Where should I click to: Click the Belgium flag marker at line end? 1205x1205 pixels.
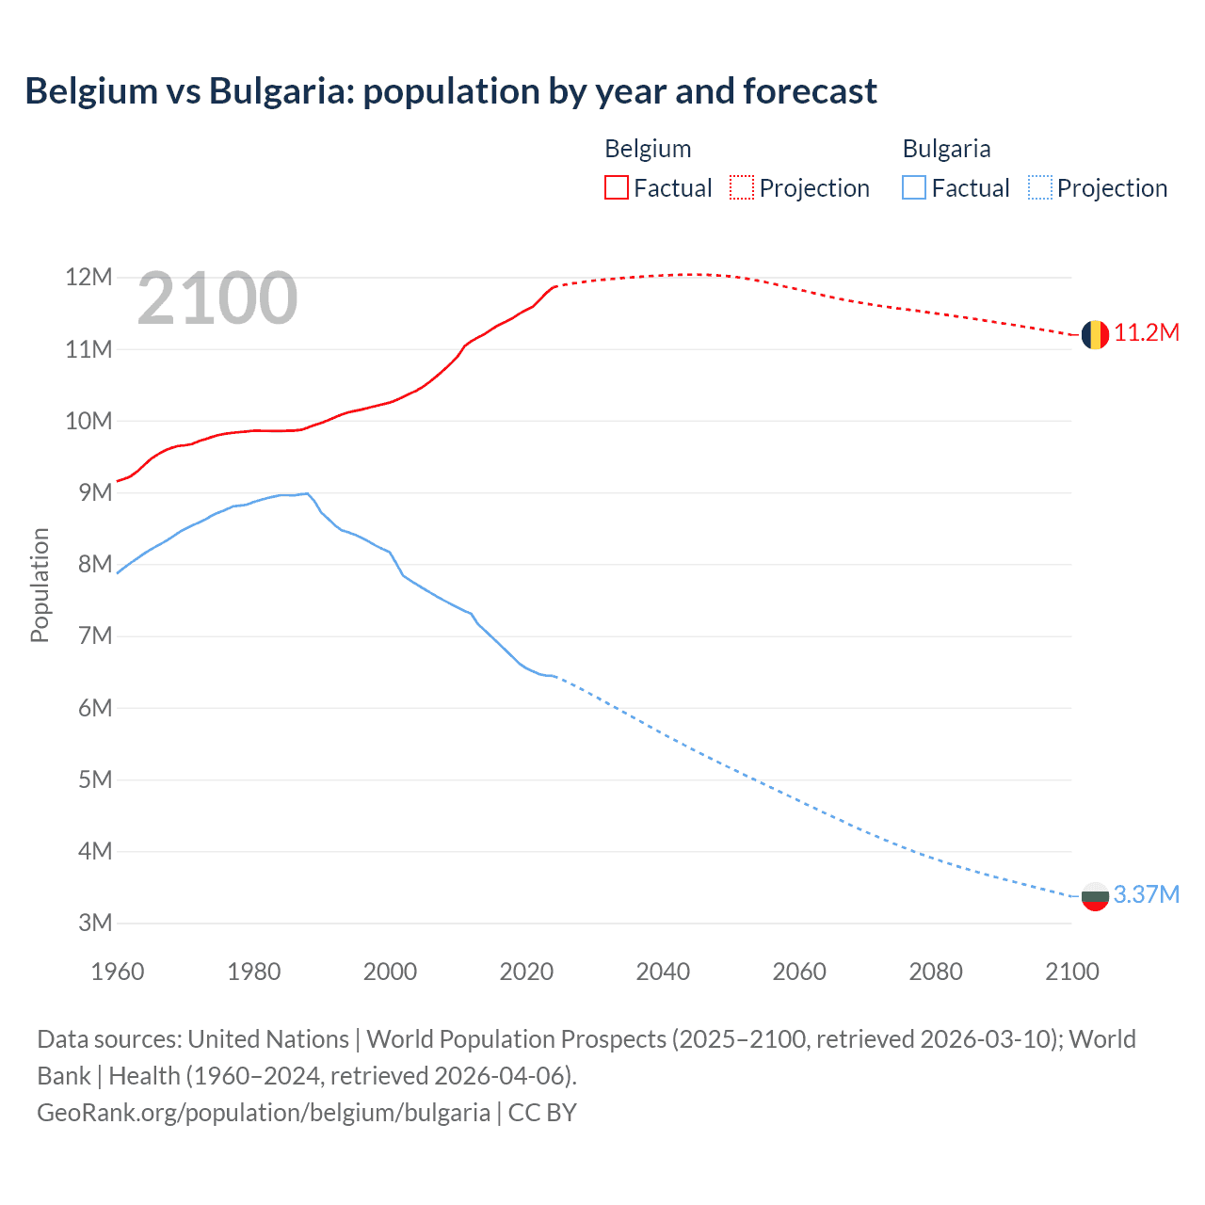(1095, 334)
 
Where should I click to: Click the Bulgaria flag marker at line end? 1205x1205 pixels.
(1095, 896)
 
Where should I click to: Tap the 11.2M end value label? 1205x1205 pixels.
(1147, 333)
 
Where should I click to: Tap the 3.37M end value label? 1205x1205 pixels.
(1147, 894)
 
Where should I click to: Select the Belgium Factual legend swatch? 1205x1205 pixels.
(617, 188)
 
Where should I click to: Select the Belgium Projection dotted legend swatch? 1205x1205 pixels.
(742, 188)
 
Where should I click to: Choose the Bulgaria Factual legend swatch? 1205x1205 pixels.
(914, 188)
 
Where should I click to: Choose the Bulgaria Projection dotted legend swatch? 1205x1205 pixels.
(1040, 188)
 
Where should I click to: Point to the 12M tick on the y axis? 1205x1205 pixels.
(88, 278)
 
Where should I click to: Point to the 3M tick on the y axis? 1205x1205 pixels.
(95, 923)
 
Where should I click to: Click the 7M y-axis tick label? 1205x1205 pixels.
(95, 636)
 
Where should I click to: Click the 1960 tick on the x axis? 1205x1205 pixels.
(118, 972)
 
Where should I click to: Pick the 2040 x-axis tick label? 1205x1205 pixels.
(663, 972)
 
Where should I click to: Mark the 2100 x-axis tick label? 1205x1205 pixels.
(1072, 972)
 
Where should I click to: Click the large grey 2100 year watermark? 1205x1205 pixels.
(217, 299)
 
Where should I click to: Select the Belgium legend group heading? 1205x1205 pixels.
(648, 149)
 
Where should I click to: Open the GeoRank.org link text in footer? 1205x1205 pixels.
(264, 1113)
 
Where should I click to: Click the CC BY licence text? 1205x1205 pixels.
(542, 1113)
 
